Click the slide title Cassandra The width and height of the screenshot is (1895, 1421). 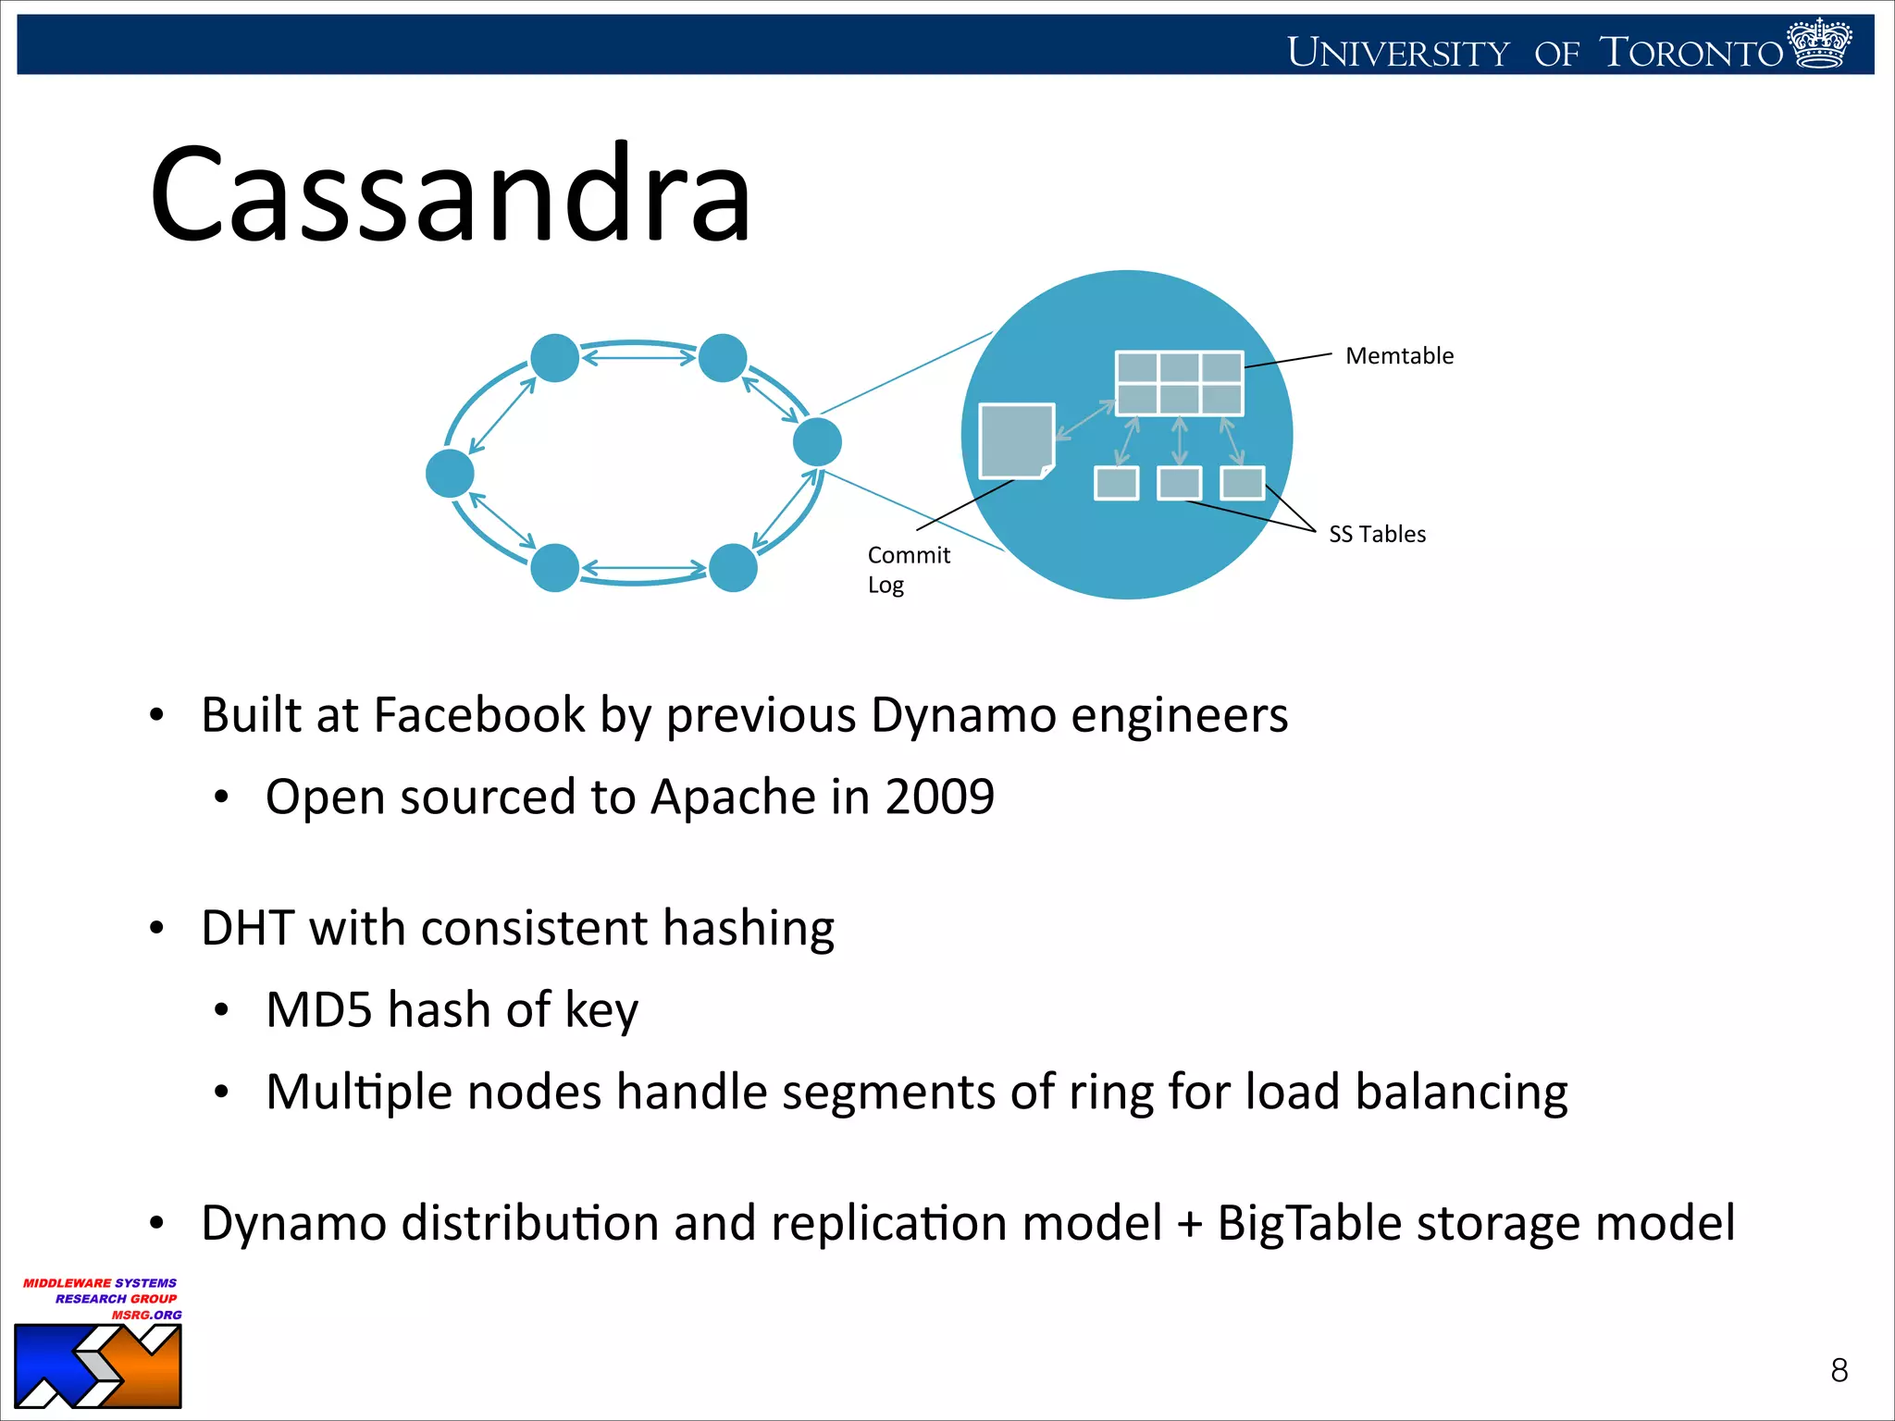tap(451, 195)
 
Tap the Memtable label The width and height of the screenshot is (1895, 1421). tap(1399, 356)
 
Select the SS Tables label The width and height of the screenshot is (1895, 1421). tap(1377, 535)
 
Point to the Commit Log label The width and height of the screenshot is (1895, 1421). tap(907, 569)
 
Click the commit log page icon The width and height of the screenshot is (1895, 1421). tap(1016, 441)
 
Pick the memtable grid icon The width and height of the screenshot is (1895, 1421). tap(1179, 383)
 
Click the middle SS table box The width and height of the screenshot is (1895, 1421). tap(1179, 483)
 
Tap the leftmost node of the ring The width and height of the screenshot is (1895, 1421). tap(450, 474)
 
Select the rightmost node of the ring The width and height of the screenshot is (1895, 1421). tap(817, 441)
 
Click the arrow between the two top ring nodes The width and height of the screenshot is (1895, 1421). tap(638, 356)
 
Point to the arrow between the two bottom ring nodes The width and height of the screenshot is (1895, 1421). tap(644, 568)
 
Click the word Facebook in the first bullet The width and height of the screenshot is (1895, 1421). tap(479, 715)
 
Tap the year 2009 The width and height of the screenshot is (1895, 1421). tap(939, 797)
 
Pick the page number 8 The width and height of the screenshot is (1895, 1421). tap(1839, 1370)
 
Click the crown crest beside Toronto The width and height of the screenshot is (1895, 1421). tap(1819, 43)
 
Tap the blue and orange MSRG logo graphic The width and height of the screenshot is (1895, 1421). tap(98, 1366)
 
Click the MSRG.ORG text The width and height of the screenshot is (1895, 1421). tap(146, 1315)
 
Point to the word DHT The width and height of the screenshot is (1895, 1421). tap(247, 928)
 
